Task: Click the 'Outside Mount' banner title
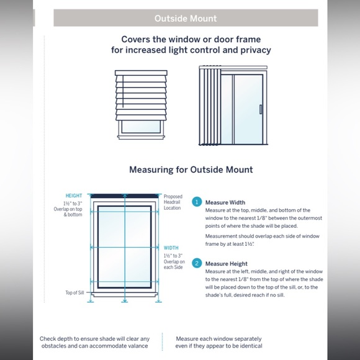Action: click(x=186, y=19)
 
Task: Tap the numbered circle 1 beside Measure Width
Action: click(x=197, y=202)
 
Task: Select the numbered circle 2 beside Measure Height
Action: click(x=197, y=263)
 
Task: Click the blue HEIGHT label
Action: click(x=74, y=196)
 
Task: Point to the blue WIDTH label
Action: click(x=171, y=248)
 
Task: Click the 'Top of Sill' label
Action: click(x=74, y=292)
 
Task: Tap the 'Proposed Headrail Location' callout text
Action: click(x=173, y=202)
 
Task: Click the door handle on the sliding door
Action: click(x=261, y=109)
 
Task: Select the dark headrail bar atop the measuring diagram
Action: click(x=124, y=196)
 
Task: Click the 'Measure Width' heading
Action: click(x=225, y=202)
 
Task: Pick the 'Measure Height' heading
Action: click(x=227, y=264)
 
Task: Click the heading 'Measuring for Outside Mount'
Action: click(x=191, y=169)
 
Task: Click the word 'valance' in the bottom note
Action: click(x=138, y=346)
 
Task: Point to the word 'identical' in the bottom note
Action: click(x=251, y=346)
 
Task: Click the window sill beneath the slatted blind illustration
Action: click(x=141, y=137)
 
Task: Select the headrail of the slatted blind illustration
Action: click(x=141, y=73)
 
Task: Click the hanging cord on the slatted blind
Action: click(x=123, y=91)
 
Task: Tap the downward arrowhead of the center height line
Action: click(x=124, y=300)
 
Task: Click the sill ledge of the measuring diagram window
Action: click(x=124, y=295)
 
